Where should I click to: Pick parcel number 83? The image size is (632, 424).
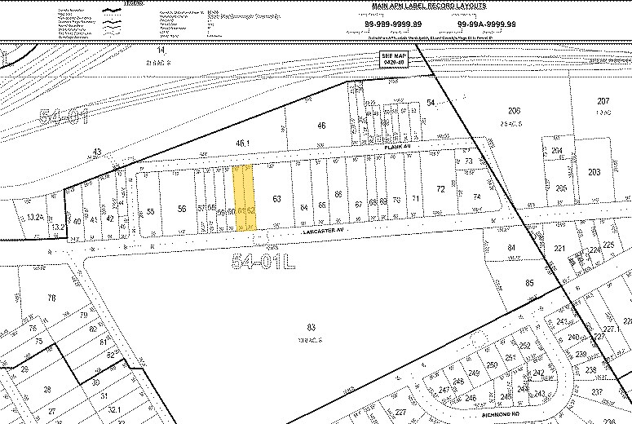click(311, 327)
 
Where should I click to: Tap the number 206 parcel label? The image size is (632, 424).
click(514, 111)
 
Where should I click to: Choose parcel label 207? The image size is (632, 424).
click(603, 100)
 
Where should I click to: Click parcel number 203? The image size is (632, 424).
click(594, 171)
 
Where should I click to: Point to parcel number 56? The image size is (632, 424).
click(181, 209)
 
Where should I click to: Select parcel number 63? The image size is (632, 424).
click(276, 198)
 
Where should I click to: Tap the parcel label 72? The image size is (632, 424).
click(440, 189)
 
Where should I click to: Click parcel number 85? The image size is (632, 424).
click(529, 283)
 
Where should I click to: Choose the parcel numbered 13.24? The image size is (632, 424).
click(34, 217)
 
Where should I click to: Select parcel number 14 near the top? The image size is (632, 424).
click(161, 51)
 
